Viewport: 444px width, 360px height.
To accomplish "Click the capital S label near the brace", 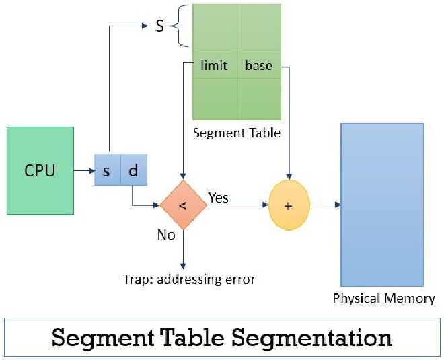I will [160, 27].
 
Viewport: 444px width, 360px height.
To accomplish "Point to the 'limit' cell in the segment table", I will [215, 65].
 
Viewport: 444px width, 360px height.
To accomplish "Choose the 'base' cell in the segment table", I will [259, 65].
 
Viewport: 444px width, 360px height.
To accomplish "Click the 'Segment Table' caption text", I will [236, 133].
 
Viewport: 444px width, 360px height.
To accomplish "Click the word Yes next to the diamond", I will [218, 197].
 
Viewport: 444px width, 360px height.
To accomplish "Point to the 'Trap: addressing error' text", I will [189, 279].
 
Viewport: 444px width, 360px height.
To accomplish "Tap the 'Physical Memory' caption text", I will [384, 298].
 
